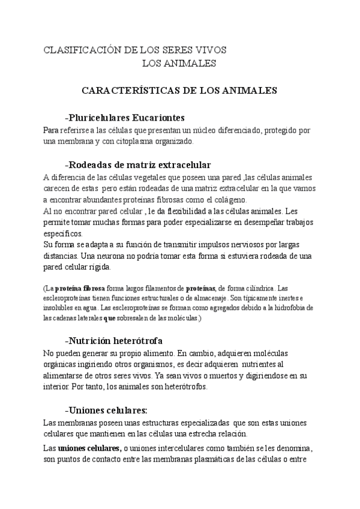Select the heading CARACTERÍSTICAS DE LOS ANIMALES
click(x=179, y=90)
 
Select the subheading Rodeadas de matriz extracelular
click(x=140, y=164)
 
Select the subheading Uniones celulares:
click(x=108, y=411)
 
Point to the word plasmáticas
click(x=217, y=460)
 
